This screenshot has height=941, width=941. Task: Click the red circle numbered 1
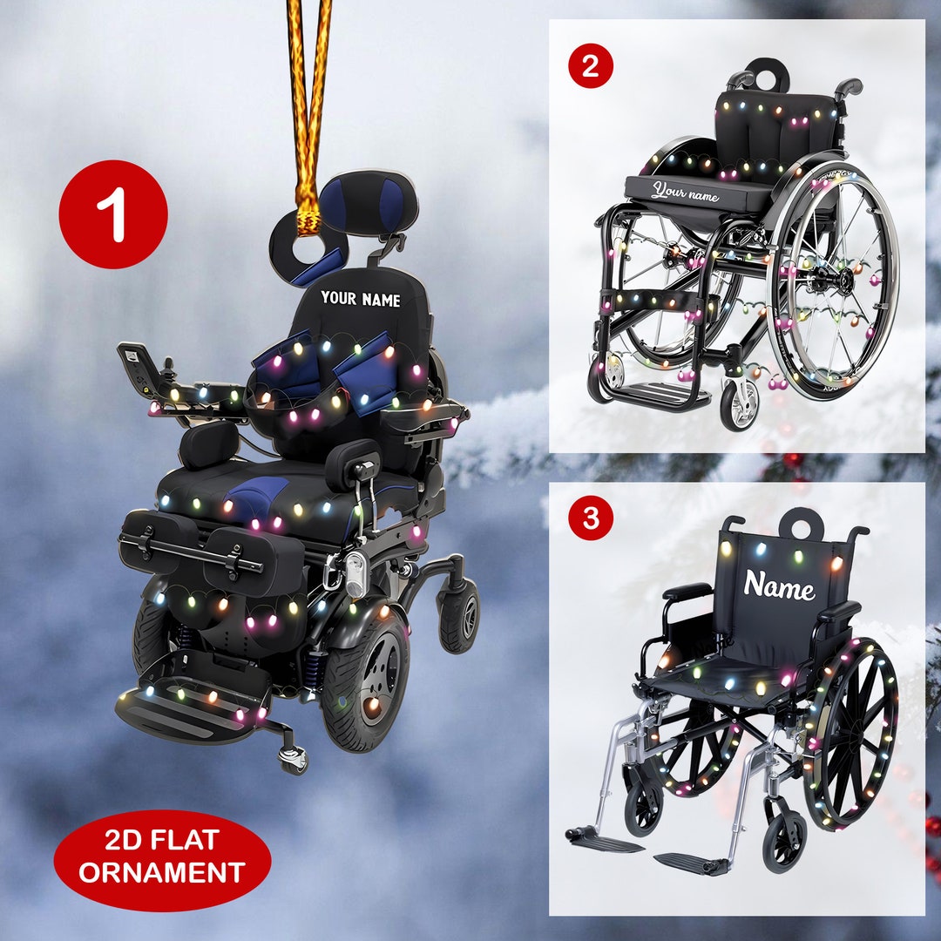(x=113, y=214)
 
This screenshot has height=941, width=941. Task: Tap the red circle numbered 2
(x=591, y=66)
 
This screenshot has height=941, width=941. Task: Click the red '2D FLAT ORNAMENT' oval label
(x=162, y=859)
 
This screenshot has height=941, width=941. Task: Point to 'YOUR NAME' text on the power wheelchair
(x=360, y=299)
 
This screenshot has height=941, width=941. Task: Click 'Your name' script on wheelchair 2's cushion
(x=686, y=192)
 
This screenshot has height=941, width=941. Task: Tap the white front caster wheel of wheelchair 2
(x=739, y=405)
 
